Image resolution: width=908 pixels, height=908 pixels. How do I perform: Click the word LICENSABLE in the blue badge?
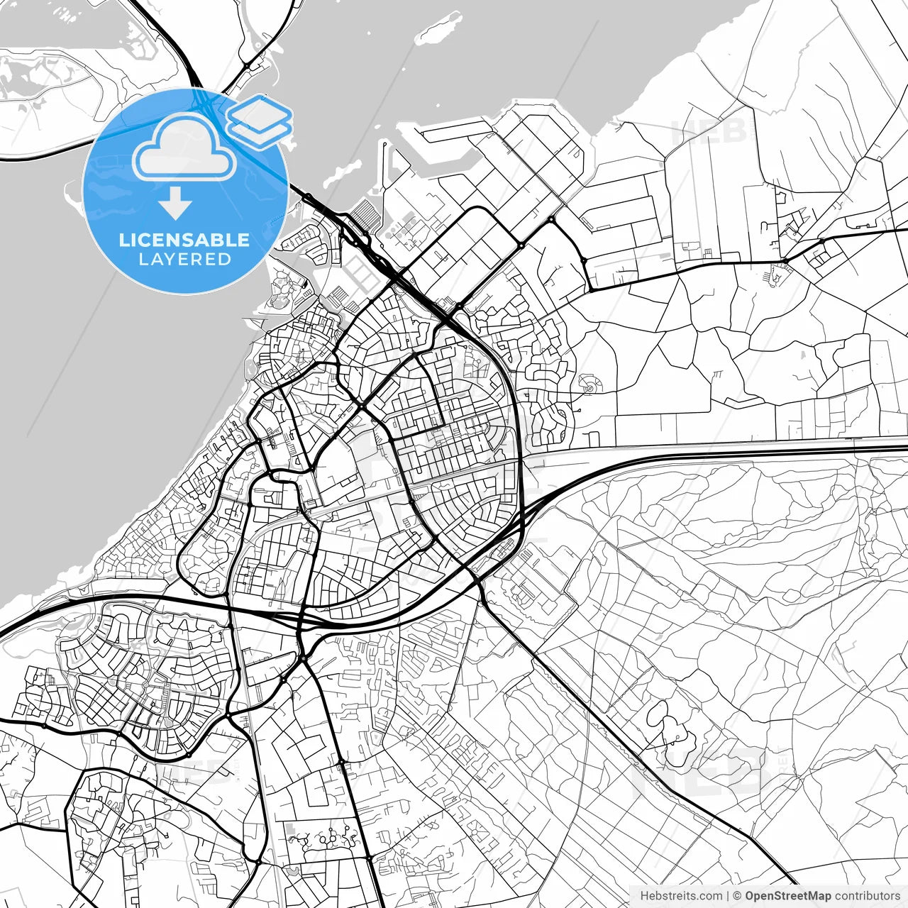(x=184, y=240)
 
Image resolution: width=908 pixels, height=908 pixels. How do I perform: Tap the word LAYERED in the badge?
(x=184, y=260)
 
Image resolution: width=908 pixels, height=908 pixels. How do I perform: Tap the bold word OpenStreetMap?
(x=788, y=896)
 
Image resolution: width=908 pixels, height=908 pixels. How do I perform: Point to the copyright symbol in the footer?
(x=737, y=896)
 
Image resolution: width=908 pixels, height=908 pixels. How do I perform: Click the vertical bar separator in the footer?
(x=728, y=896)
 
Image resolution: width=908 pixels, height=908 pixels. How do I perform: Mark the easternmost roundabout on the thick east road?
(x=822, y=241)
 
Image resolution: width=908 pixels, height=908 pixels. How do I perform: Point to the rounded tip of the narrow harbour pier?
(x=384, y=145)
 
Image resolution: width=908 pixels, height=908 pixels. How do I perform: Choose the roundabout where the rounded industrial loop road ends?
(x=521, y=245)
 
